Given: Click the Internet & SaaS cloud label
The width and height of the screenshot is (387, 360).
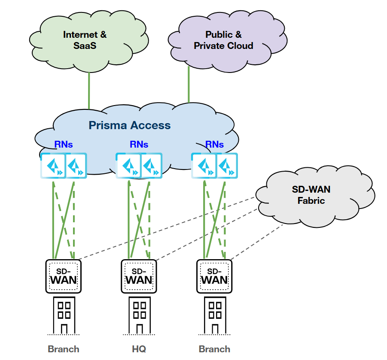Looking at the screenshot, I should [85, 40].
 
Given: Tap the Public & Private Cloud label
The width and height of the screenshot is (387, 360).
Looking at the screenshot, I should [223, 40].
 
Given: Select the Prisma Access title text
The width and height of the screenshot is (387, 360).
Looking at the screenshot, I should [129, 126].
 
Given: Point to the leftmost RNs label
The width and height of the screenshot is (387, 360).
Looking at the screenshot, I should [64, 145].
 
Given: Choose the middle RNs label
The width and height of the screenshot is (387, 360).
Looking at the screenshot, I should [139, 145].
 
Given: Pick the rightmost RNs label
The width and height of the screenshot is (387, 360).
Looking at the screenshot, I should [214, 145].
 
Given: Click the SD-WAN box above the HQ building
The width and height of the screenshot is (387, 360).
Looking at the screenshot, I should [139, 276].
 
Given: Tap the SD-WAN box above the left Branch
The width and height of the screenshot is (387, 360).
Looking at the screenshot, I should [64, 276].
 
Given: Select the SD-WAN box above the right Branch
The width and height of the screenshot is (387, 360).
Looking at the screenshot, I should [214, 276].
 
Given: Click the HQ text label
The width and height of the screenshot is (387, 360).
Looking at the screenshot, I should [139, 349].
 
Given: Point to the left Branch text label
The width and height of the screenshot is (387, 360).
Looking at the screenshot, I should [64, 349].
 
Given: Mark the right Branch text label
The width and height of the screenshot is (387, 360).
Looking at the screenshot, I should [214, 349].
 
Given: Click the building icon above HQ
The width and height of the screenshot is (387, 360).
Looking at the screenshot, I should [139, 315].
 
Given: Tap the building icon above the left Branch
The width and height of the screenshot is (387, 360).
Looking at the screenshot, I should [64, 315].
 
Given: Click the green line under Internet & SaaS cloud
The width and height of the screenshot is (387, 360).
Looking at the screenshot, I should [89, 90].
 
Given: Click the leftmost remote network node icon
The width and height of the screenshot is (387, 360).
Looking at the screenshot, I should [52, 166].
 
